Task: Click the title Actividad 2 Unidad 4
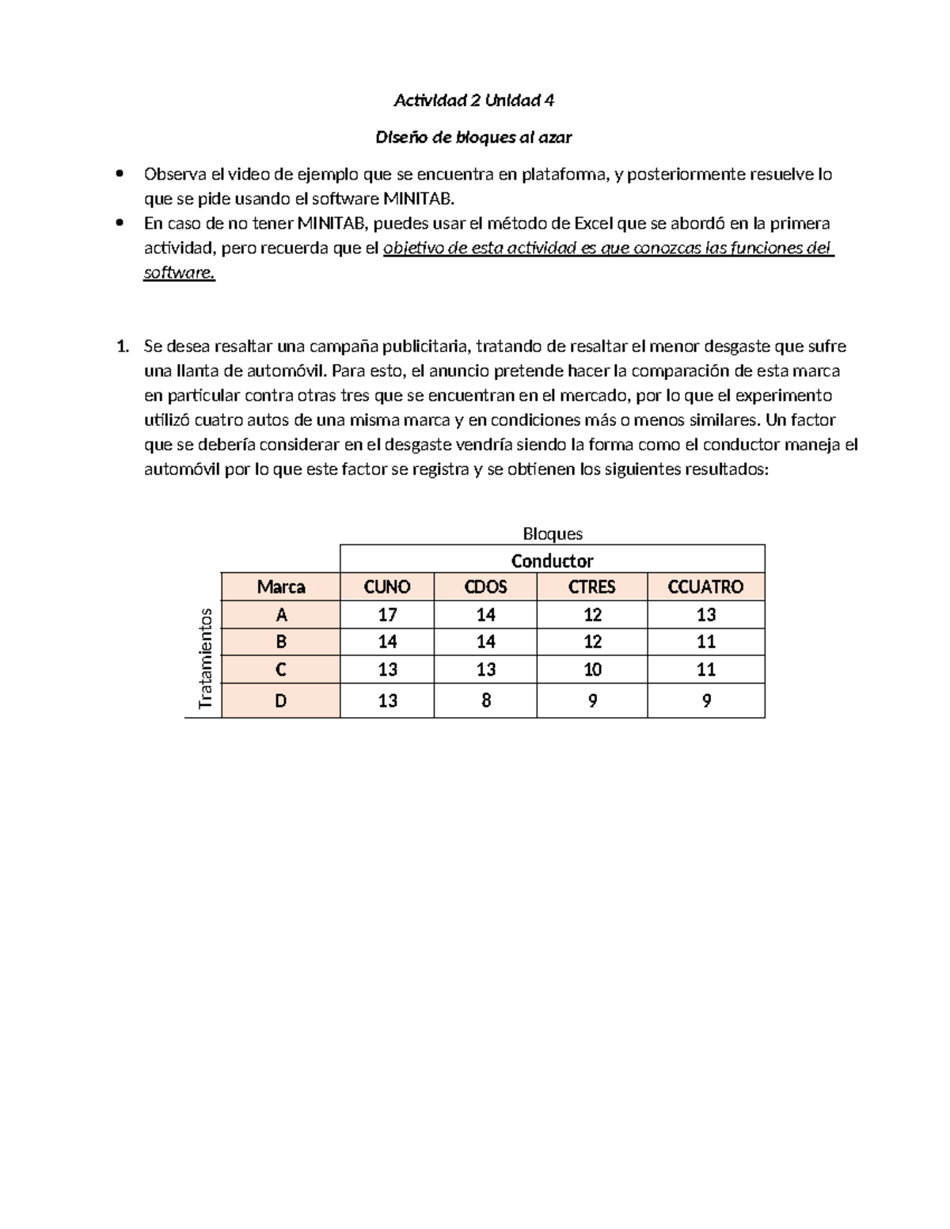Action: click(473, 101)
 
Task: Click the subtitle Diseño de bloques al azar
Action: click(473, 138)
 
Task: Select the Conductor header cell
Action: click(552, 560)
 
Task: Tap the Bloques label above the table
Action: click(552, 534)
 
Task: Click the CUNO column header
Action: click(386, 586)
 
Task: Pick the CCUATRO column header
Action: click(705, 586)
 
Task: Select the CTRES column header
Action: click(591, 586)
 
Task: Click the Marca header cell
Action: click(280, 586)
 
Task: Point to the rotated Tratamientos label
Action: click(206, 658)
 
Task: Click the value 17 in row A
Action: click(386, 615)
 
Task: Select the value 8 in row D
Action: click(485, 700)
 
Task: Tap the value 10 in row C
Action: click(591, 670)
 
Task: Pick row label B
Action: click(280, 642)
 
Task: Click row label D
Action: click(280, 700)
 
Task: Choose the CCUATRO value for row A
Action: click(705, 615)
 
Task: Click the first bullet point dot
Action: click(120, 174)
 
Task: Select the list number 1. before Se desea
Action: click(122, 347)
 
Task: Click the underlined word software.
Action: click(179, 273)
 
